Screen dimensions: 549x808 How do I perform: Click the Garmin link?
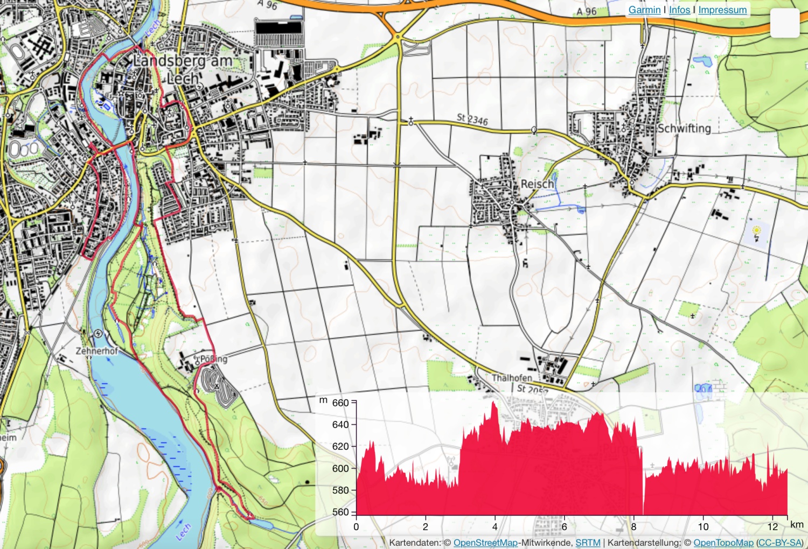pyautogui.click(x=644, y=10)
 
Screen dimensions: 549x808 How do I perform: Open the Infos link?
pyautogui.click(x=679, y=10)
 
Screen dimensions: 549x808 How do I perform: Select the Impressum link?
pyautogui.click(x=722, y=10)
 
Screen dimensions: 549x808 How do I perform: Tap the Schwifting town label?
pyautogui.click(x=684, y=129)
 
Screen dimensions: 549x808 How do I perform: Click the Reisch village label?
pyautogui.click(x=537, y=184)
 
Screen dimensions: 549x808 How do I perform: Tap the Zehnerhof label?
pyautogui.click(x=96, y=351)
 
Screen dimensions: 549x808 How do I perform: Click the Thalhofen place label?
pyautogui.click(x=511, y=378)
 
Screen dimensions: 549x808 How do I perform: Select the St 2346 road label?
pyautogui.click(x=472, y=119)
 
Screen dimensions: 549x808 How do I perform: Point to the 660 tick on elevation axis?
pyautogui.click(x=340, y=403)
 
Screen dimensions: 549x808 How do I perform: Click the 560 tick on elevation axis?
pyautogui.click(x=340, y=512)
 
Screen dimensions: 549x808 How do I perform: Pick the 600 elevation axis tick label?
pyautogui.click(x=340, y=468)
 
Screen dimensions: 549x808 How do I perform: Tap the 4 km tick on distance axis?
pyautogui.click(x=494, y=526)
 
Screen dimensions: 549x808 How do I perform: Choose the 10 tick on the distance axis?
pyautogui.click(x=703, y=526)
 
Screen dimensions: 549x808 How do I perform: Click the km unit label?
pyautogui.click(x=797, y=524)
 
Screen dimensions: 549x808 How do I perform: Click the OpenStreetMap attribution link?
pyautogui.click(x=485, y=543)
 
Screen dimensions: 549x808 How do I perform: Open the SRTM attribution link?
pyautogui.click(x=588, y=543)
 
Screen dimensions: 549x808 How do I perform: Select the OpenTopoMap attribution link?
pyautogui.click(x=723, y=543)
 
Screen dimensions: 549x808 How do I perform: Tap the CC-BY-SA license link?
pyautogui.click(x=780, y=543)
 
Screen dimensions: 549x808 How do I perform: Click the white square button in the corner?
pyautogui.click(x=784, y=23)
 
